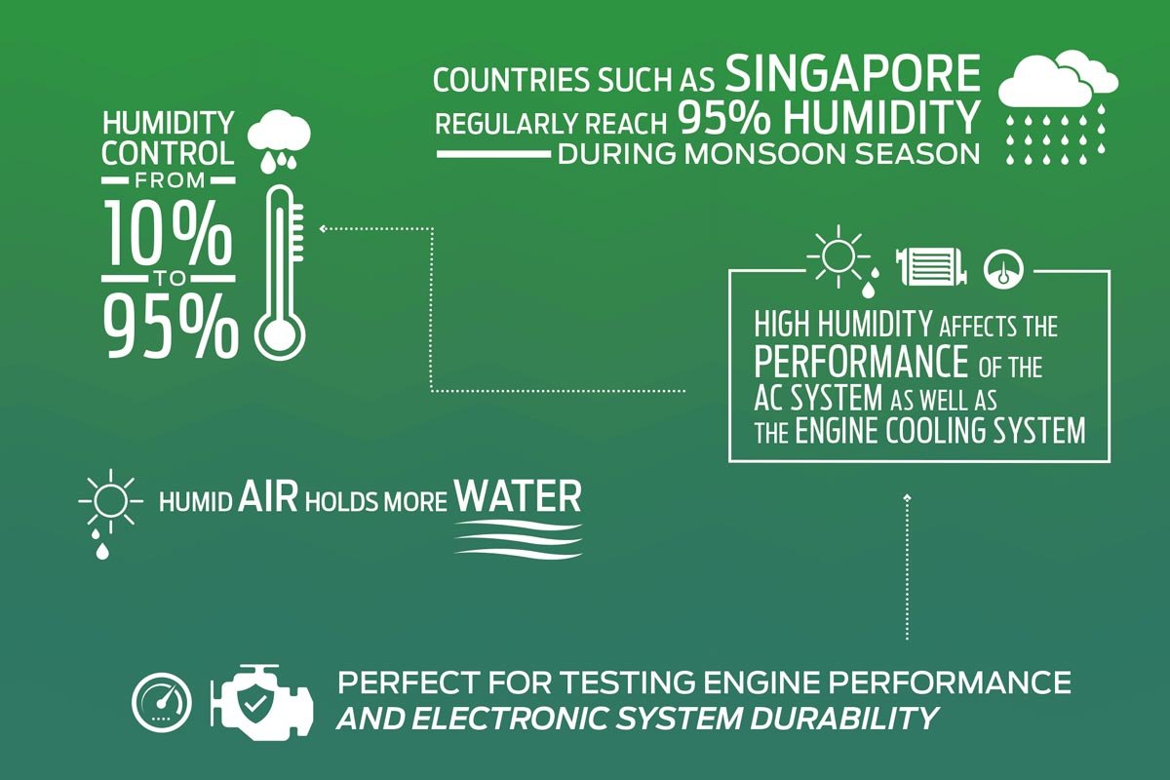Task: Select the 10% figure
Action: [168, 235]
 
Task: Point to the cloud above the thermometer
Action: [279, 133]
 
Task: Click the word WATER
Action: [518, 496]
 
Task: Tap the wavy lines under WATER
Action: [518, 538]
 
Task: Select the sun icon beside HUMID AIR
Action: [110, 501]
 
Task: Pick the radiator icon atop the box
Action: [931, 267]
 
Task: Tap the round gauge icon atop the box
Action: [1003, 269]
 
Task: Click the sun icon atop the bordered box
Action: [838, 256]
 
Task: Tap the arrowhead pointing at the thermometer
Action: [323, 228]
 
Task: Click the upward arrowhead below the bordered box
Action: [908, 496]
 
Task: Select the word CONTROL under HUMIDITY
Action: [168, 153]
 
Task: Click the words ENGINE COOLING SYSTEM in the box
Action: [941, 432]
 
